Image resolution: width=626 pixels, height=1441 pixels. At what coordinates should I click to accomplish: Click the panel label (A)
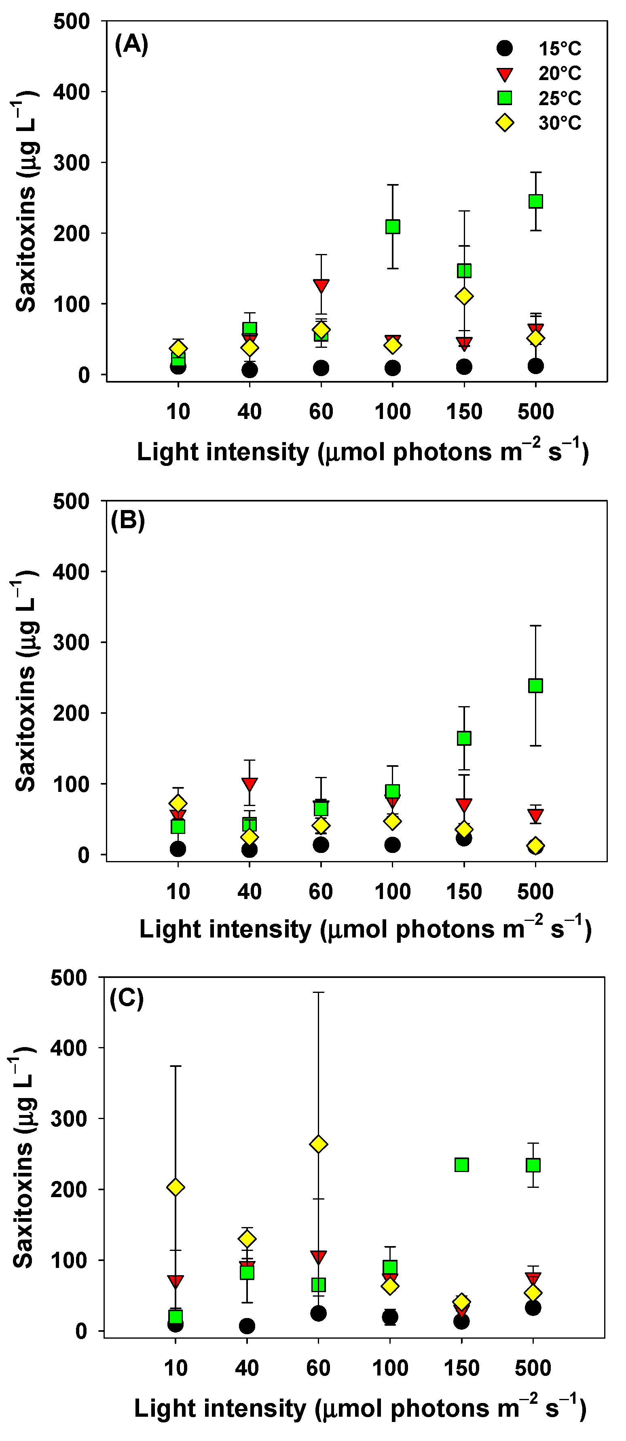coord(131,44)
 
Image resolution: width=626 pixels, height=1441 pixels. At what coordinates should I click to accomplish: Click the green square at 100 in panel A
coord(393,226)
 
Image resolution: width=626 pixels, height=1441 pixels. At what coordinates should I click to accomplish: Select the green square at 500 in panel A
coord(535,201)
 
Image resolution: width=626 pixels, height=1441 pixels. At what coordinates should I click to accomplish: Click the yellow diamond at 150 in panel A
coord(464,296)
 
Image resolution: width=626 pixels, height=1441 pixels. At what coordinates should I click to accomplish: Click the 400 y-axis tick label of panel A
coord(71,92)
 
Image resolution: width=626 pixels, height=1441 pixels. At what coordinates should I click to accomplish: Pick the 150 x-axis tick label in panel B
coord(464,891)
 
